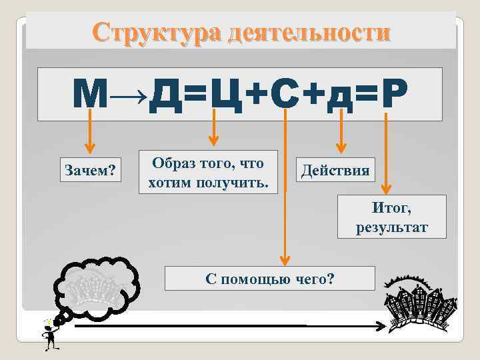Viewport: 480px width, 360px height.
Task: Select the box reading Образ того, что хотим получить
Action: click(208, 173)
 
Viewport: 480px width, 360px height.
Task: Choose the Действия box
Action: click(335, 170)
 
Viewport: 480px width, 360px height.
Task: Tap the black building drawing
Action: click(421, 303)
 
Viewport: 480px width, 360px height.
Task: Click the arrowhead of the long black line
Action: click(379, 327)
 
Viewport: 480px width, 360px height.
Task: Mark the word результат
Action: click(391, 228)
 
